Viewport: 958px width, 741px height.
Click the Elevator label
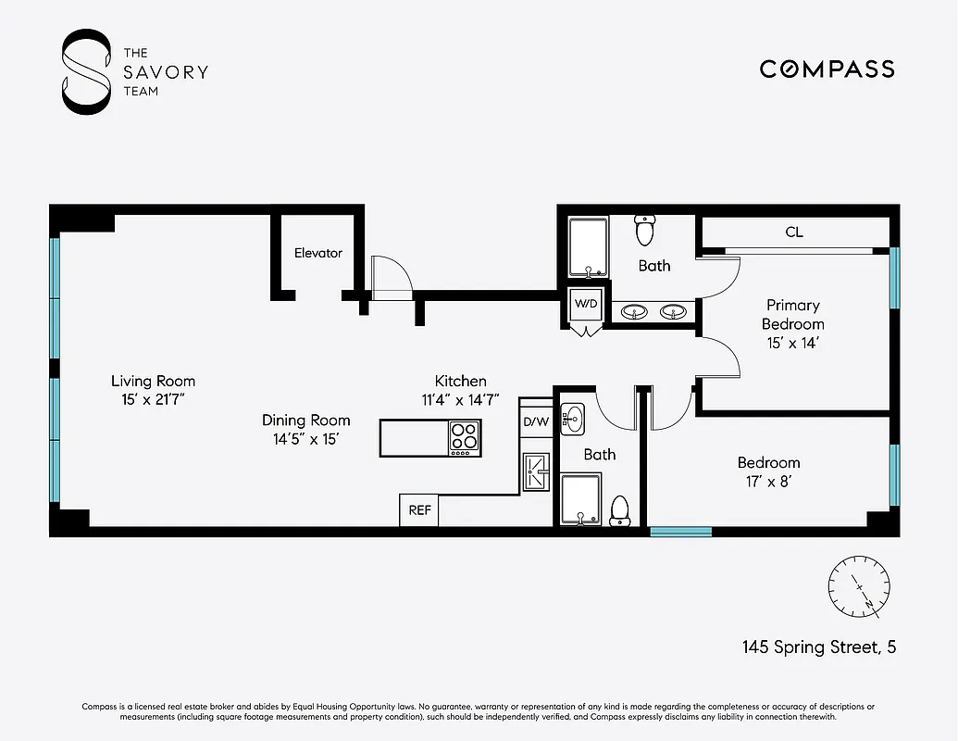pos(318,253)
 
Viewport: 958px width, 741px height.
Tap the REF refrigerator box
pos(419,510)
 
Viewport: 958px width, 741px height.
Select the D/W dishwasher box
pos(536,423)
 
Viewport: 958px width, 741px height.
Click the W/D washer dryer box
pos(585,304)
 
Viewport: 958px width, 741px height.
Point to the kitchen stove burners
pos(465,437)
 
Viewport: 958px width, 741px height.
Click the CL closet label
pos(793,232)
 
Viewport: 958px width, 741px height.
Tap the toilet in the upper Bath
pos(645,229)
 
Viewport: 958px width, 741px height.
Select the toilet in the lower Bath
pos(620,508)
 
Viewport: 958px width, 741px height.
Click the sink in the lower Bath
pos(573,420)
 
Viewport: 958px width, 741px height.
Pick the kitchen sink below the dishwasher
pos(535,470)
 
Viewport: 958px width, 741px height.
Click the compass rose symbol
pos(859,587)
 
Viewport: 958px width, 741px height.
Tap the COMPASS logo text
pos(827,69)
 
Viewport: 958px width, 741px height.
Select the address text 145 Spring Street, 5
pos(818,647)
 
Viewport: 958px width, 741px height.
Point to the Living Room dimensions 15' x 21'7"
pos(153,400)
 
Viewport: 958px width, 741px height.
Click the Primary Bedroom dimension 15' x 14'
pos(792,343)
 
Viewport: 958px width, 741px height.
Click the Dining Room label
pos(305,421)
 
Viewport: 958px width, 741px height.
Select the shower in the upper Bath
pos(588,247)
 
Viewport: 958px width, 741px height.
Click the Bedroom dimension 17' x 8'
pos(768,482)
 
